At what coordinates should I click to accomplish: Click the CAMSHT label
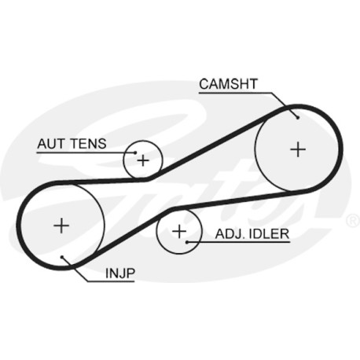[228, 84]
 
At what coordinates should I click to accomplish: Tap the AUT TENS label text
[72, 144]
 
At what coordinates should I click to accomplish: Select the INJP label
[120, 274]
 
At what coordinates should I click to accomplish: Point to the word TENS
[89, 144]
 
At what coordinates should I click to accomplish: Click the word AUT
[51, 144]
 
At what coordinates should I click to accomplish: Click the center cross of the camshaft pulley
[298, 149]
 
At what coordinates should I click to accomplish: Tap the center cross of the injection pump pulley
[61, 226]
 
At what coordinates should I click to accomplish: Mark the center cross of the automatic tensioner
[143, 160]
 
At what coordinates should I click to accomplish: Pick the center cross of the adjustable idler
[179, 231]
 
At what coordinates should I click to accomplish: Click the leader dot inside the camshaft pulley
[298, 118]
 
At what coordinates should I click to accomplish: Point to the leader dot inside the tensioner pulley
[135, 152]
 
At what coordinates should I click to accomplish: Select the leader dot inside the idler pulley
[187, 242]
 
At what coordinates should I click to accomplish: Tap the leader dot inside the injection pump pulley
[62, 257]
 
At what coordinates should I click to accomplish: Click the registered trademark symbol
[353, 221]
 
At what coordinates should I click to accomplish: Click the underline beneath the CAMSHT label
[236, 93]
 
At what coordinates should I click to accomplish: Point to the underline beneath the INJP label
[111, 281]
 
